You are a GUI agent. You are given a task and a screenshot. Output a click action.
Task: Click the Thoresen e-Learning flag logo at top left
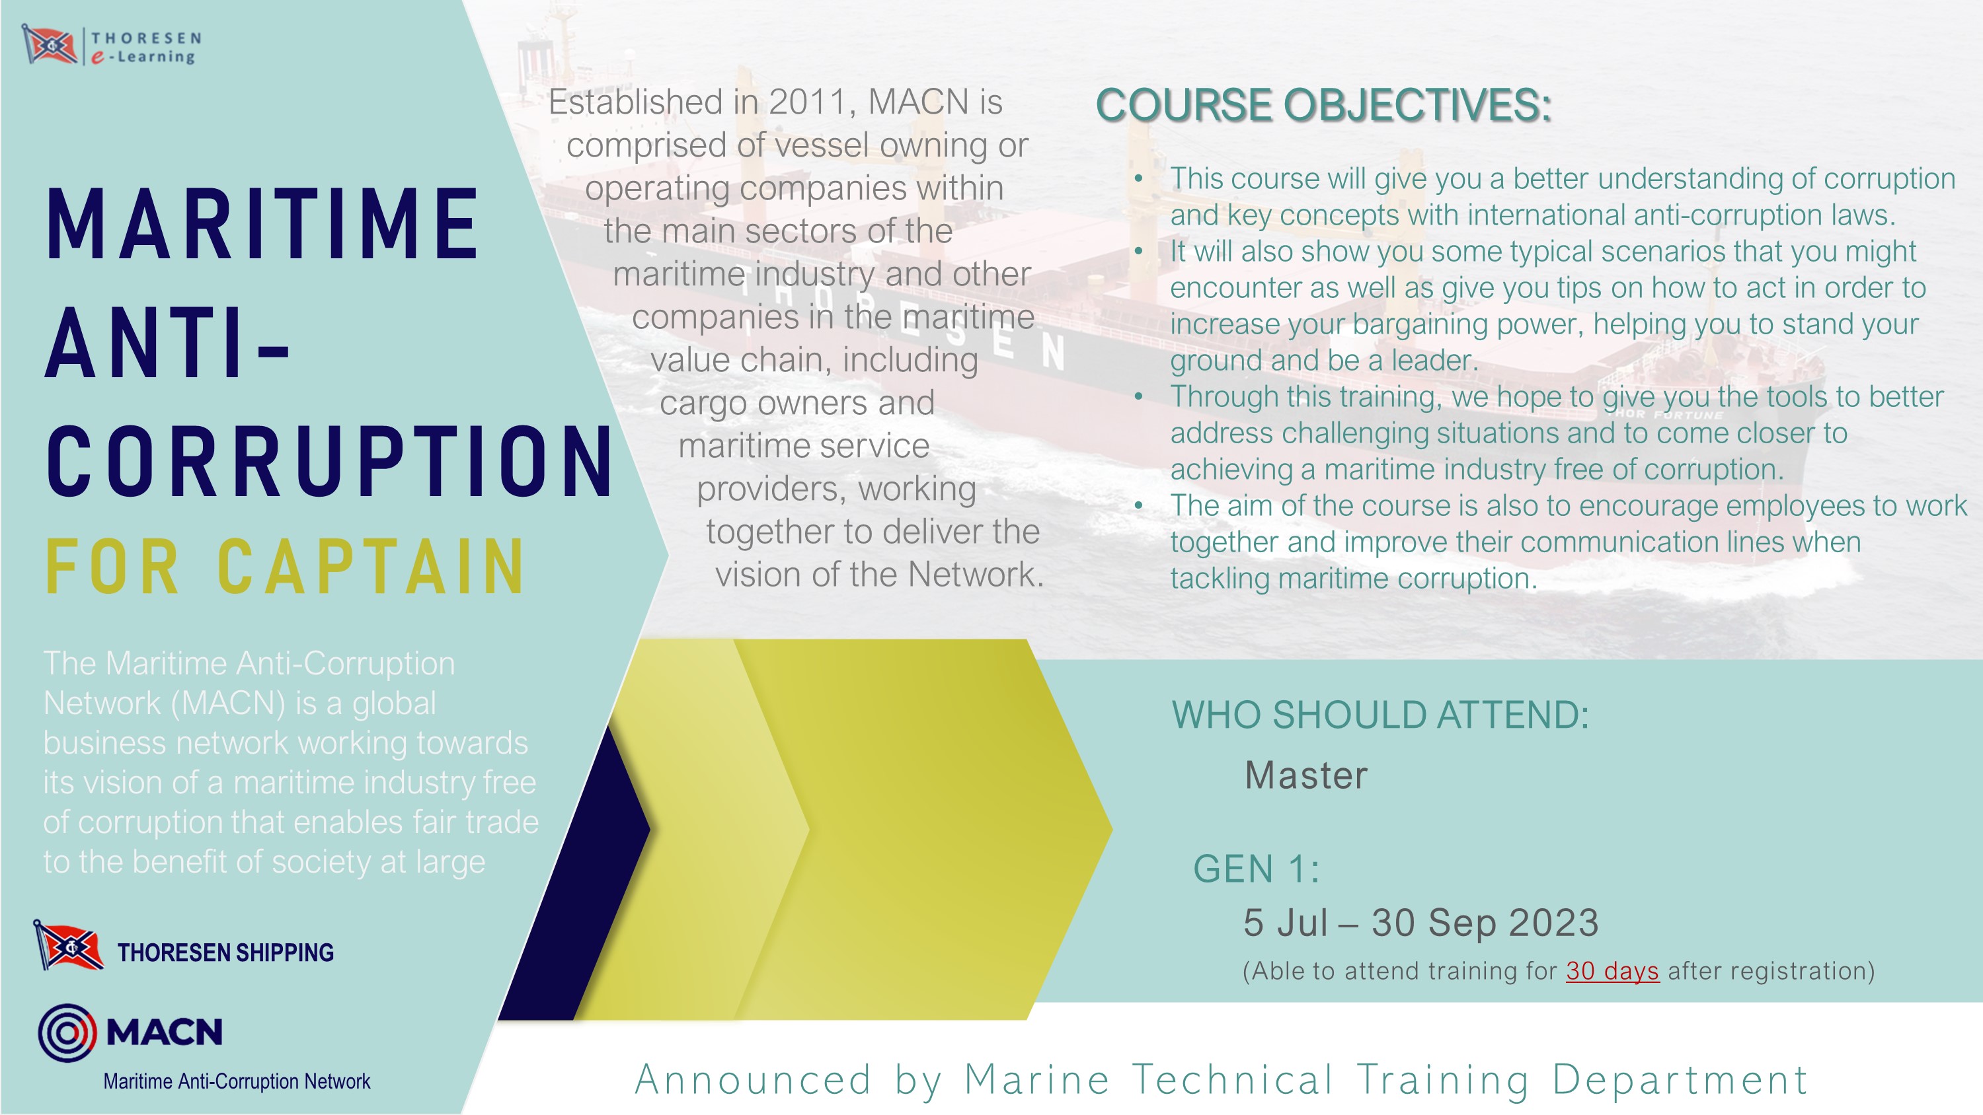click(x=50, y=46)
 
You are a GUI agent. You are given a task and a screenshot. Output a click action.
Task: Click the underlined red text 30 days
click(x=1612, y=971)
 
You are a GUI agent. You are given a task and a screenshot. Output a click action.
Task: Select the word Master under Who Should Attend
click(x=1306, y=775)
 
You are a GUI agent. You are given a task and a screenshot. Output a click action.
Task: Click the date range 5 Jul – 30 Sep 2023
click(x=1421, y=922)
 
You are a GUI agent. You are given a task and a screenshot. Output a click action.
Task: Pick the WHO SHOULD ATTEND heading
click(x=1380, y=715)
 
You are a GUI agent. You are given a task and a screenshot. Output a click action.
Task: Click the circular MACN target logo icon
click(x=67, y=1032)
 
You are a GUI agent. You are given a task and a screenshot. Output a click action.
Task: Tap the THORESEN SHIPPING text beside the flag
click(x=225, y=952)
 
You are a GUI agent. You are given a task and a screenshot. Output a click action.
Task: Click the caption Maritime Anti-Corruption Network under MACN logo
click(x=237, y=1081)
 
